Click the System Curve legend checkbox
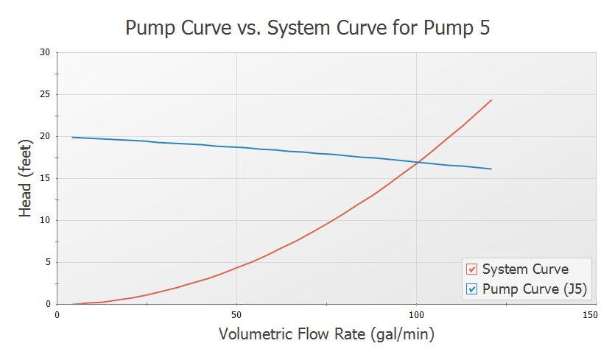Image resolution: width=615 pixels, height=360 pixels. (x=472, y=269)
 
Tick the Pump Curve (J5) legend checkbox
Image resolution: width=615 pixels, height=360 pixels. (x=472, y=289)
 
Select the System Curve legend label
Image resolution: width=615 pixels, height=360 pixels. (x=525, y=269)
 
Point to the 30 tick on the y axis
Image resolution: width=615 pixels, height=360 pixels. (x=46, y=52)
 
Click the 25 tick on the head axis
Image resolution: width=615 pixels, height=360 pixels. (x=46, y=94)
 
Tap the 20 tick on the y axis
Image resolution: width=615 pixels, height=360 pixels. (x=46, y=136)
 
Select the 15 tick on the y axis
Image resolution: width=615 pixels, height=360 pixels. (x=46, y=178)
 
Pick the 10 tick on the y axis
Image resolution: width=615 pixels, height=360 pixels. (x=46, y=220)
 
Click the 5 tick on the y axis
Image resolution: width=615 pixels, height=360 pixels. (x=48, y=262)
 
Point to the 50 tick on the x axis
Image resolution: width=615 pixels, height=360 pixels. (x=236, y=314)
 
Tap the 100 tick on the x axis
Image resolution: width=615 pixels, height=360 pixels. (x=416, y=314)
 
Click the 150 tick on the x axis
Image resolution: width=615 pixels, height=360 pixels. (x=590, y=314)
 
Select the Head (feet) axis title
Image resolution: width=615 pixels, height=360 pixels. (x=26, y=178)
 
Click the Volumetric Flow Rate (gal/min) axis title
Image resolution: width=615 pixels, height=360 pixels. (x=326, y=335)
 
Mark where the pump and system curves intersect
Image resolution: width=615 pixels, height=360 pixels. (x=418, y=162)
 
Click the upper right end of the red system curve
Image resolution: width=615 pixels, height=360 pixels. (x=491, y=100)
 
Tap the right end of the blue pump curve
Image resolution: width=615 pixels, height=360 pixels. (x=491, y=169)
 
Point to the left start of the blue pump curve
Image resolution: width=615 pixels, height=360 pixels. (x=72, y=137)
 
